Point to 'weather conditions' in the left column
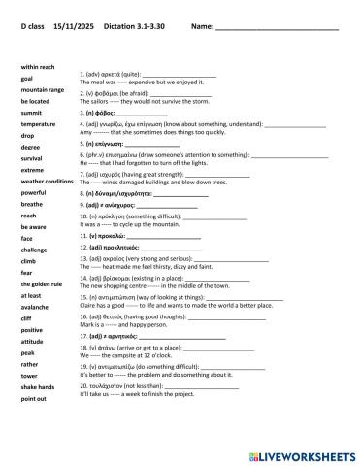point(47,181)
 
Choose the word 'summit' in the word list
point(33,113)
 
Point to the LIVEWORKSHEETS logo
point(300,454)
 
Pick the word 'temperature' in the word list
point(38,124)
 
